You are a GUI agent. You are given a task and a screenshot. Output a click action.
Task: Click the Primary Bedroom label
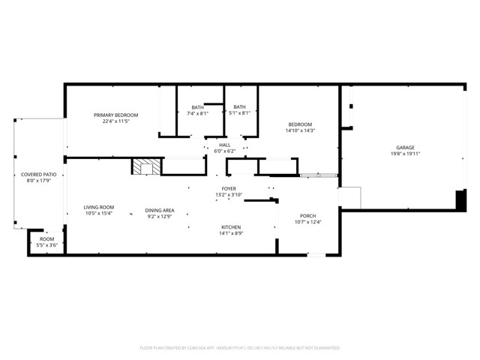[x=115, y=115]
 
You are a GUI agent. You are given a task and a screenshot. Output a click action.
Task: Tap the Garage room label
[x=405, y=148]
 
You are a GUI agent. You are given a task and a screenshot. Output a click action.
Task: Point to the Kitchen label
[x=230, y=227]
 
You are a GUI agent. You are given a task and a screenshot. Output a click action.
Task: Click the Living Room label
[x=98, y=207]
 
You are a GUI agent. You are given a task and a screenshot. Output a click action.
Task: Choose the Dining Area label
[x=160, y=210]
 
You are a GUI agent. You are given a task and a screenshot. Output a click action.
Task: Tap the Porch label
[x=307, y=215]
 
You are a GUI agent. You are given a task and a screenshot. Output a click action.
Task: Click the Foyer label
[x=229, y=188]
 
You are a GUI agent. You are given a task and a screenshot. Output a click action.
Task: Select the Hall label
[x=224, y=145]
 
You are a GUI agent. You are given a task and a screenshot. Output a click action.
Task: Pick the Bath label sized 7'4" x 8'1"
[x=197, y=107]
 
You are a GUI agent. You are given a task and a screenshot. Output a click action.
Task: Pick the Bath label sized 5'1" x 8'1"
[x=240, y=107]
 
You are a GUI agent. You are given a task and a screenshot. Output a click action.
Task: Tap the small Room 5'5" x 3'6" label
[x=46, y=239]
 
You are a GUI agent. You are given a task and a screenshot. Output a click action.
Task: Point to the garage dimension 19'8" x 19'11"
[x=405, y=154]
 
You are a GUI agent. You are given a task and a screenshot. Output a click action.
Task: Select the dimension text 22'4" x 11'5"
[x=115, y=121]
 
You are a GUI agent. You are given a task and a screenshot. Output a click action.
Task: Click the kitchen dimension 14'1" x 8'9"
[x=230, y=233]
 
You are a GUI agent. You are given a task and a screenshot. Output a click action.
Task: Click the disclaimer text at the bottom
[x=240, y=348]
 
